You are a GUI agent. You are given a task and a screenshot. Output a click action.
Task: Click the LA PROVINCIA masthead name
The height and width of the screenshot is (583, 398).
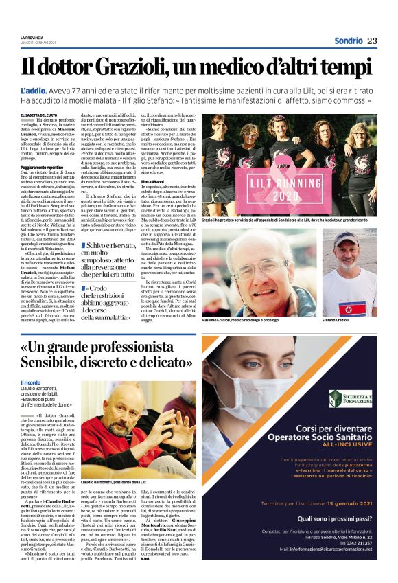tap(32, 37)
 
